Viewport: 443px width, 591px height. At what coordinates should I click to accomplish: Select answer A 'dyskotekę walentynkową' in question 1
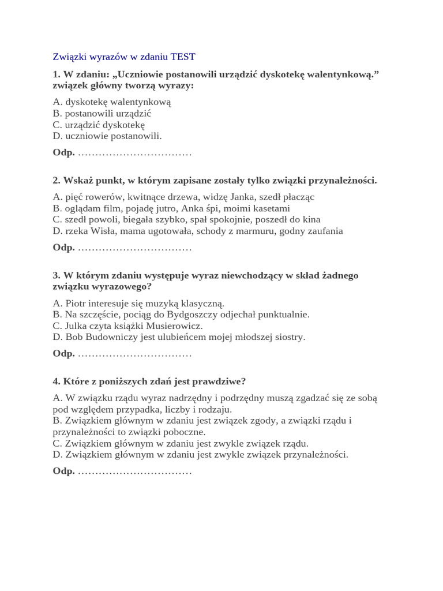click(112, 102)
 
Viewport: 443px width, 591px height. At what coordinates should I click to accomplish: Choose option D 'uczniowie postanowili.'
click(107, 136)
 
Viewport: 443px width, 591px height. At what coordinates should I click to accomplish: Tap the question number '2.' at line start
click(57, 181)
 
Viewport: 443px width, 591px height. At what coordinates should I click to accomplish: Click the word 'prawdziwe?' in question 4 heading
click(223, 381)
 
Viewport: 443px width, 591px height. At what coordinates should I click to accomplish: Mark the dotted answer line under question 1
click(134, 154)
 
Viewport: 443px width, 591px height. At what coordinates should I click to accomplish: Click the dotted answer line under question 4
click(134, 472)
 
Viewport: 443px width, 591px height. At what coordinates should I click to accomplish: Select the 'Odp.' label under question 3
click(63, 354)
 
